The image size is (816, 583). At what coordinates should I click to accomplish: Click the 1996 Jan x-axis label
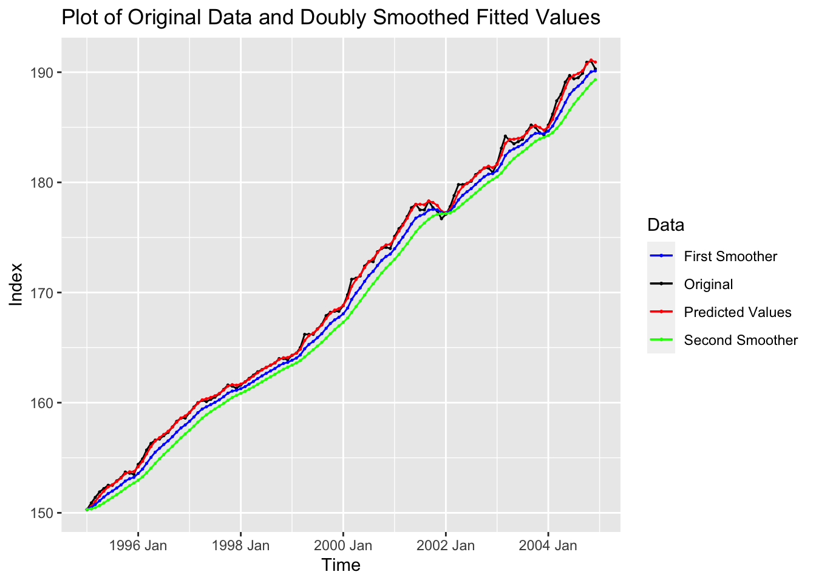point(138,546)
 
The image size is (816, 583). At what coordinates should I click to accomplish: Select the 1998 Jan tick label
point(240,546)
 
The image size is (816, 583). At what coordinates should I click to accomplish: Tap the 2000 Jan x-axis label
point(343,546)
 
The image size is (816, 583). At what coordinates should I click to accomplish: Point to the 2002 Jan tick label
point(446,546)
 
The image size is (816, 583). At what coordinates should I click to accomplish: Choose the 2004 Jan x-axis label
point(548,546)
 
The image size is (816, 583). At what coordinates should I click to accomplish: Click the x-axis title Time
point(341,565)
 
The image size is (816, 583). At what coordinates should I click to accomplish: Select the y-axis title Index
point(16,284)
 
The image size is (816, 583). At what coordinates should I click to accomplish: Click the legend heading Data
point(666,225)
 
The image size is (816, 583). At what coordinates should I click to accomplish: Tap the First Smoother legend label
point(730,256)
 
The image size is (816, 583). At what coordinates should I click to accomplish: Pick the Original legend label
point(709,284)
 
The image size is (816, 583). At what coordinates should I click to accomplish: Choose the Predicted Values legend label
point(738,312)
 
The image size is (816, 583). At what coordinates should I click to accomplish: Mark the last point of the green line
point(595,80)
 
